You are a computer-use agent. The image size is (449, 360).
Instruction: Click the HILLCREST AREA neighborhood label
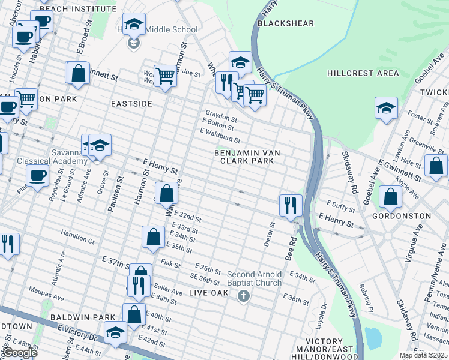coord(363,73)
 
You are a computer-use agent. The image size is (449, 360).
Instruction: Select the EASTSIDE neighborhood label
coord(131,104)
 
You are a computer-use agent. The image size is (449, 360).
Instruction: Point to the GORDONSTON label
coord(402,215)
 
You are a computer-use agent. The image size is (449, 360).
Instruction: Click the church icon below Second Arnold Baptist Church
coord(243,296)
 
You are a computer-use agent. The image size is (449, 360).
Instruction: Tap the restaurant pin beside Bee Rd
coord(291,205)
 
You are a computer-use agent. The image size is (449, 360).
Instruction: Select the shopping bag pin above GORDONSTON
coord(391,196)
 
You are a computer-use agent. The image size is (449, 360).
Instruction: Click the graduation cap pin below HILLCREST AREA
coord(386,109)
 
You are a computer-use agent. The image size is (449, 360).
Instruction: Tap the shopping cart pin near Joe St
coord(165,76)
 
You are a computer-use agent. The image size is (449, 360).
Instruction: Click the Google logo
coord(20,353)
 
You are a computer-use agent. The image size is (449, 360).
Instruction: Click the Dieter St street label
coord(268,234)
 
